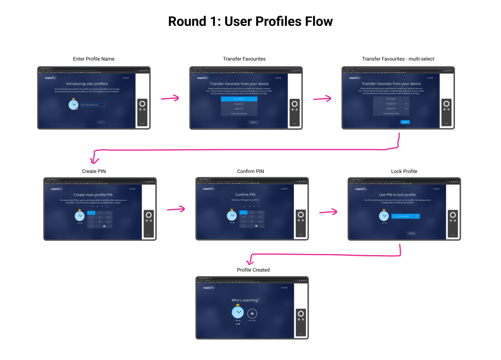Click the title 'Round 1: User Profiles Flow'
(x=250, y=22)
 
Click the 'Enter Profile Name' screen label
(x=94, y=59)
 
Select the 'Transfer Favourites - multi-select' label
(x=398, y=59)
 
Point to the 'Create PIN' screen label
(x=94, y=171)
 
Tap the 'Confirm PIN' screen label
(x=250, y=171)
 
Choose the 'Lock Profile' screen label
(x=404, y=171)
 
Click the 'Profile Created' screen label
(x=253, y=270)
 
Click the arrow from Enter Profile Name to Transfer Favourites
(x=169, y=98)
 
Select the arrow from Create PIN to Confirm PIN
(x=175, y=210)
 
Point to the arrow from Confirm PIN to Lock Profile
(x=328, y=212)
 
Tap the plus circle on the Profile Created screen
(x=252, y=313)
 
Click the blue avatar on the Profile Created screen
(x=238, y=312)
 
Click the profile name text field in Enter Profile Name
(x=93, y=105)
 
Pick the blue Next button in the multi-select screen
(x=405, y=122)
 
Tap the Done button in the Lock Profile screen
(x=411, y=233)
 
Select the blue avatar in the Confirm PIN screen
(x=232, y=216)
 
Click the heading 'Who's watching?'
(x=245, y=300)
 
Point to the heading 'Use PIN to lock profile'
(x=397, y=195)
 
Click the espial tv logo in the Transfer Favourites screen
(x=203, y=77)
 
